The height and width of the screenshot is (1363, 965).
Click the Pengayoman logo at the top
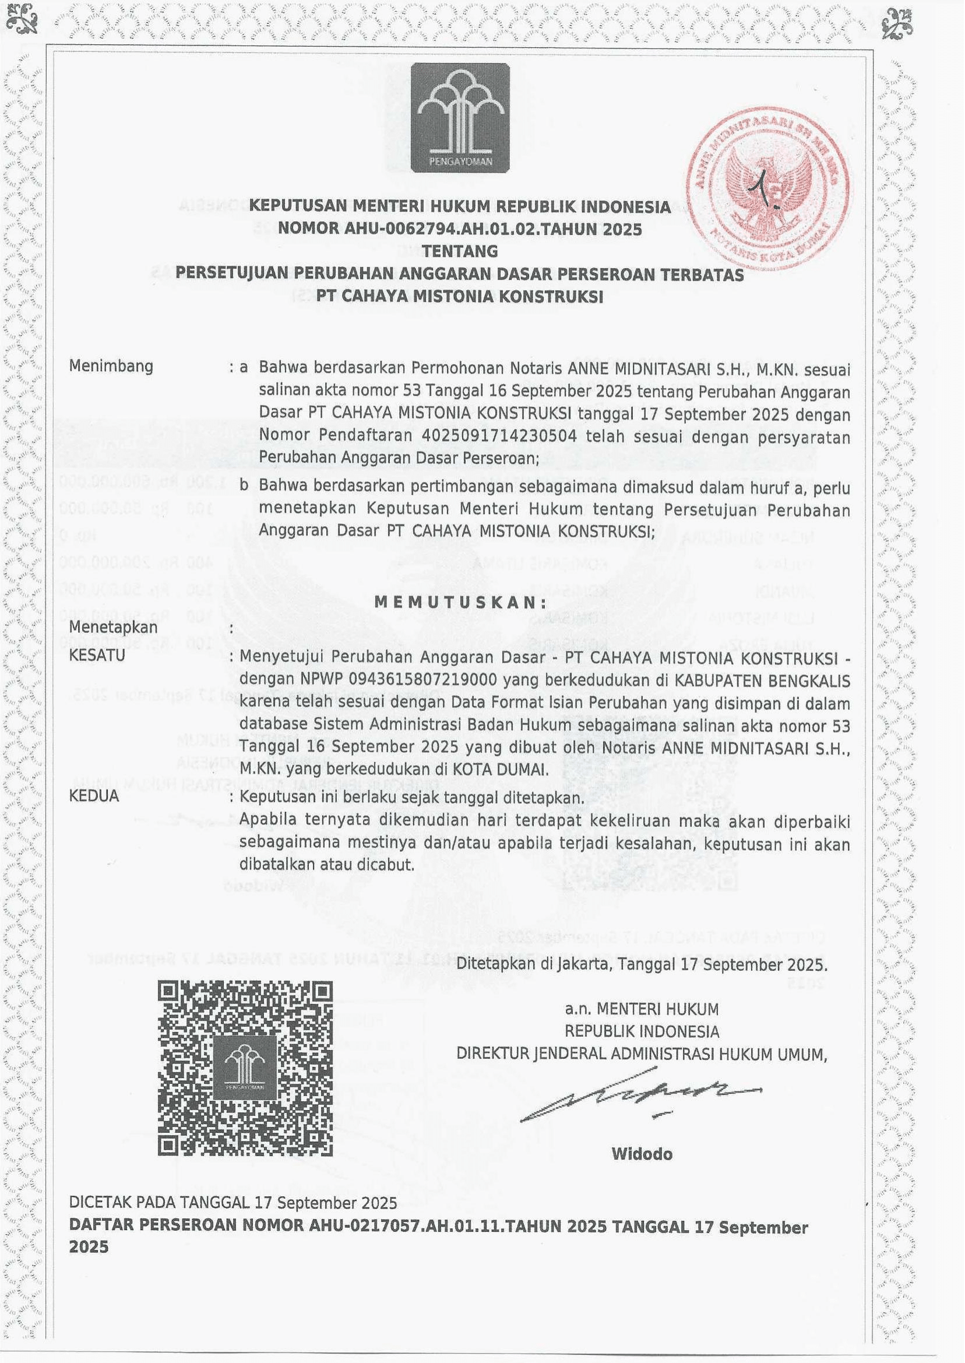point(460,118)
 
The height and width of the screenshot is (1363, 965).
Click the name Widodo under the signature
point(642,1154)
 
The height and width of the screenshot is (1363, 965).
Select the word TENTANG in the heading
point(460,251)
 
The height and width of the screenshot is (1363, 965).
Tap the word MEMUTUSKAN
point(460,602)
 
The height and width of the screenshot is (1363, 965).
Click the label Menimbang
point(111,366)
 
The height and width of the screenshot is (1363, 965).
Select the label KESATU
point(97,656)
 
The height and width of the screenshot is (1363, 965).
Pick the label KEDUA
point(94,796)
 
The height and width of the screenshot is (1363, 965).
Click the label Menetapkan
point(114,628)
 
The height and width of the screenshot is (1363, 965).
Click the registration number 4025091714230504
point(499,435)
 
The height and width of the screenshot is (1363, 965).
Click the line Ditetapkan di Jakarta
point(642,964)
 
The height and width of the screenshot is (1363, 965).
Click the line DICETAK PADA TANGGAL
point(233,1204)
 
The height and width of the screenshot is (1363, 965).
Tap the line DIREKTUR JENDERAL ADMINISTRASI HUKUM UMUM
point(642,1054)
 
